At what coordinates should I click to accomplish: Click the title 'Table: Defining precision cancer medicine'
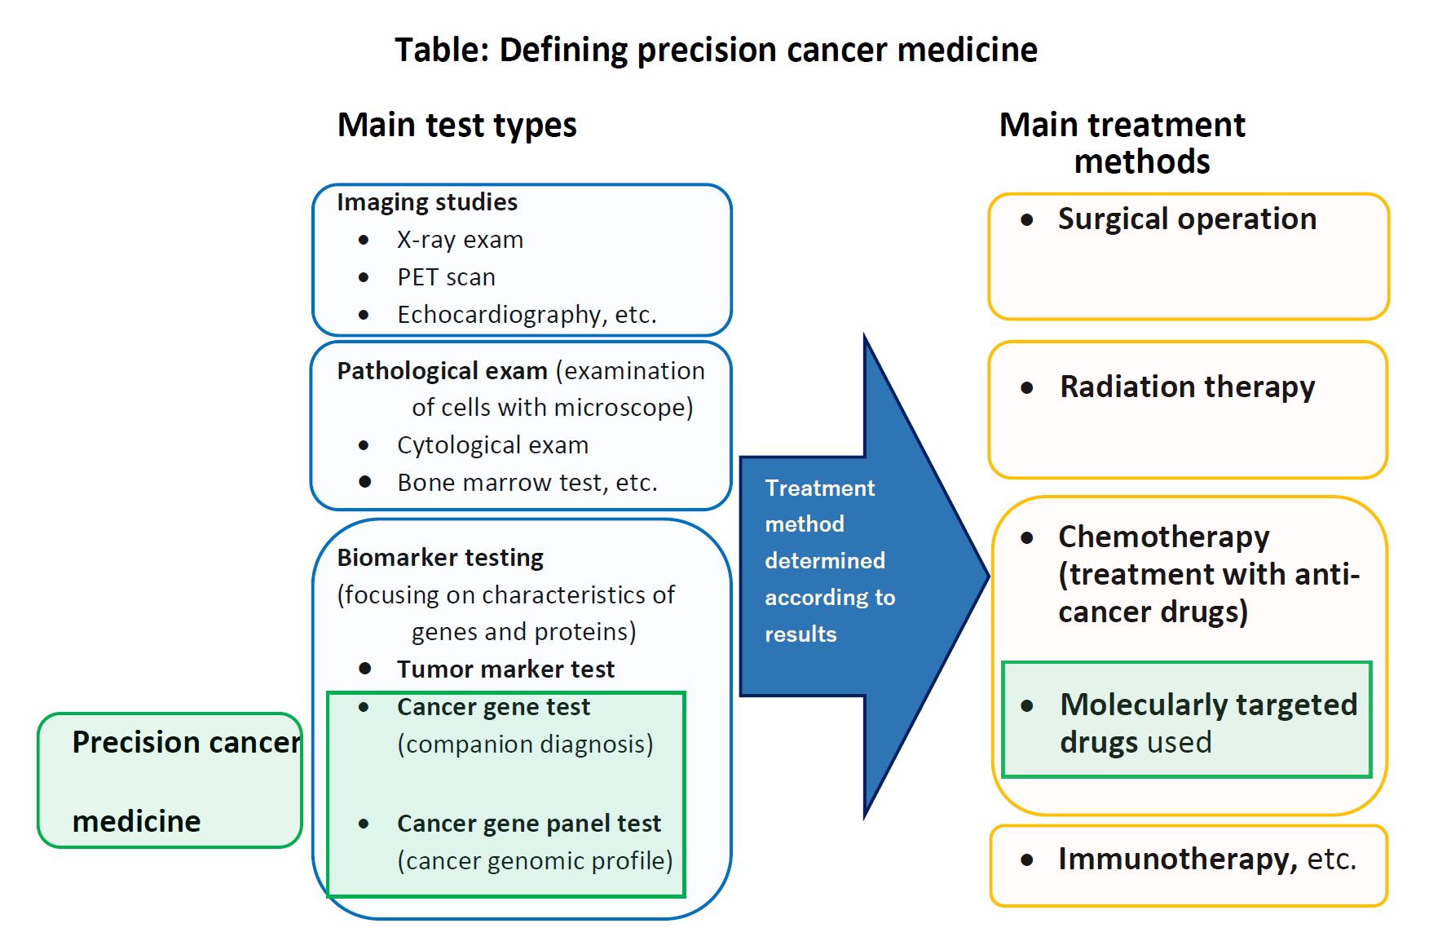click(716, 51)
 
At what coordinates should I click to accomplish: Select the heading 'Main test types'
click(456, 126)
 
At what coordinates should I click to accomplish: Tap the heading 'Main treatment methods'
click(1122, 143)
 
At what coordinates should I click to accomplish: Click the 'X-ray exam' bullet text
click(460, 240)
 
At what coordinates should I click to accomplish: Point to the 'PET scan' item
click(446, 277)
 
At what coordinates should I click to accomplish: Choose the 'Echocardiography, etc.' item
click(527, 315)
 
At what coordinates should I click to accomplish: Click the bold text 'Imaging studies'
click(427, 202)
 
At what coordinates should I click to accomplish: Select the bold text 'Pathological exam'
click(442, 371)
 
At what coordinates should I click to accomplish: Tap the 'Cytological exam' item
click(492, 445)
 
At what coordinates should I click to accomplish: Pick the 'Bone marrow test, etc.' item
click(527, 483)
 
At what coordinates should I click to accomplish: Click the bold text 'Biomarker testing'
click(440, 558)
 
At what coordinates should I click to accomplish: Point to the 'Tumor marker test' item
click(505, 669)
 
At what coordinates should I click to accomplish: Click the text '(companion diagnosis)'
click(525, 745)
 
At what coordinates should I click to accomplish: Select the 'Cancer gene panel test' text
click(529, 824)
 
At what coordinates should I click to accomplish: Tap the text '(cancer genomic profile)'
click(535, 861)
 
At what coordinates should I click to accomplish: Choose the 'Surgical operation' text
click(1187, 219)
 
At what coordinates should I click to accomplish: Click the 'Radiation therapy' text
click(1187, 387)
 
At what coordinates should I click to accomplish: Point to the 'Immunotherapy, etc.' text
click(1206, 859)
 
